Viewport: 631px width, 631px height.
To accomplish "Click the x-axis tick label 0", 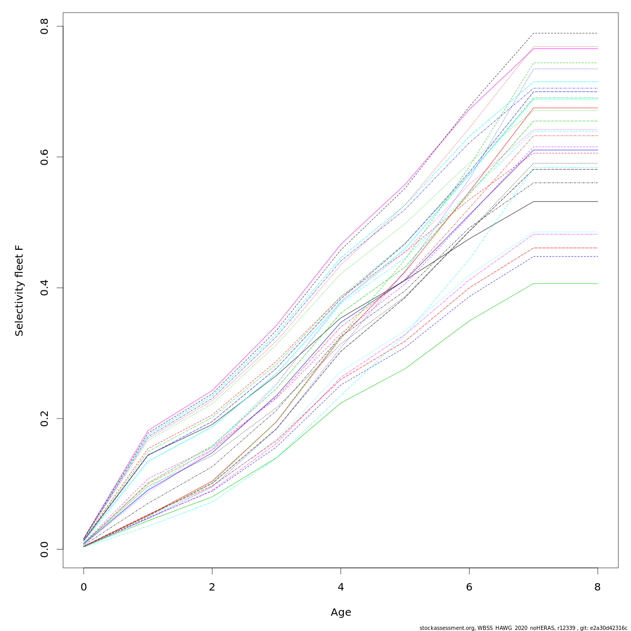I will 84,587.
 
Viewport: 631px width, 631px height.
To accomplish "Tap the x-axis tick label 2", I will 212,587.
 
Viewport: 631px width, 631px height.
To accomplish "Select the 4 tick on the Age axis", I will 341,587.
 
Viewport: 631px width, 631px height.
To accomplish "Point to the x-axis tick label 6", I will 469,587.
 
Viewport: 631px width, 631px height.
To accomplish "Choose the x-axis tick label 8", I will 597,587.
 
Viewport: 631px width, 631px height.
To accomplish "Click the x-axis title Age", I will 341,612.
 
